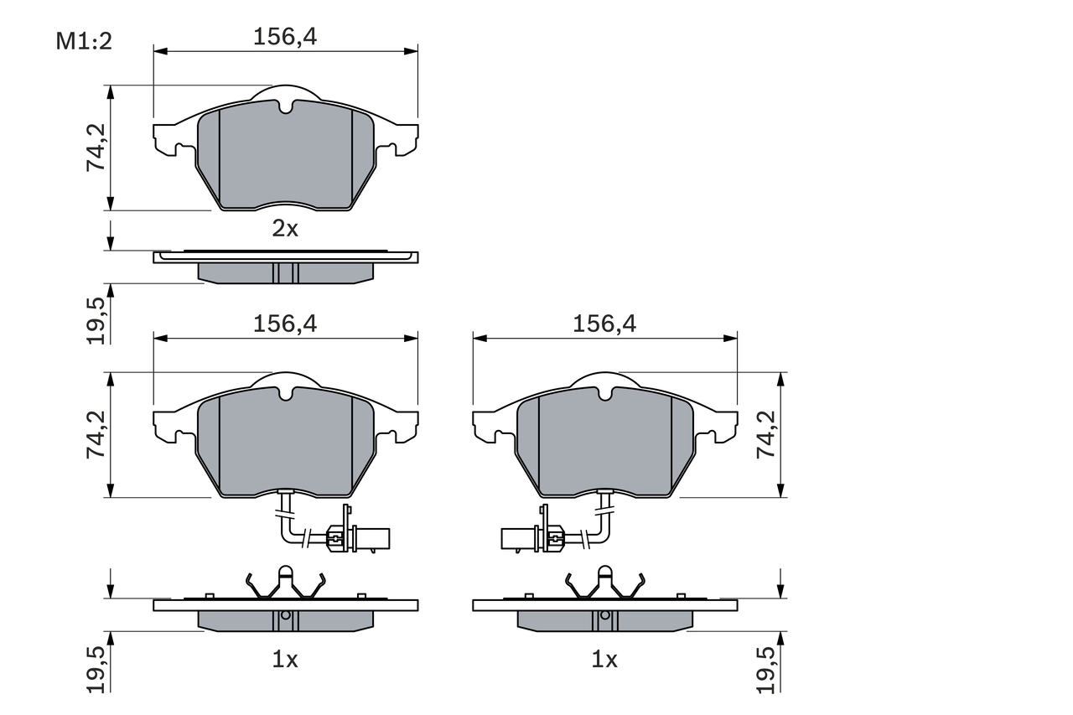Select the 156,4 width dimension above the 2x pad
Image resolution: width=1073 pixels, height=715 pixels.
285,36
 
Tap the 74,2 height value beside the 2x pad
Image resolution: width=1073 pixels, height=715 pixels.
96,148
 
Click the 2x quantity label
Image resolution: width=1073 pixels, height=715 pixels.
285,229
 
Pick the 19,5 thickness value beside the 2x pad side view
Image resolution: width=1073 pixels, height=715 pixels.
96,320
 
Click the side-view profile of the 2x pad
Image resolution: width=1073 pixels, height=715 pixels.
285,267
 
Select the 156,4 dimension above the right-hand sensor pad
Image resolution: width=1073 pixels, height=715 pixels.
604,324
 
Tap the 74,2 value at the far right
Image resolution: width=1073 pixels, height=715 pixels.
766,434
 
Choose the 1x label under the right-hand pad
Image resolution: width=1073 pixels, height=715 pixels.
604,661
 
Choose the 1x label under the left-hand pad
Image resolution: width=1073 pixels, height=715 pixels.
285,661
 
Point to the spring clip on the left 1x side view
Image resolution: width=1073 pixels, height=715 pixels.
285,583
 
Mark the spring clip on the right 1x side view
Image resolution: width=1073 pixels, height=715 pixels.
604,583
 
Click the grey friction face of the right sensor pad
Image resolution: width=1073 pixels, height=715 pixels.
604,448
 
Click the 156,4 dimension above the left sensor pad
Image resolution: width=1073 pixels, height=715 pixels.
285,324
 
